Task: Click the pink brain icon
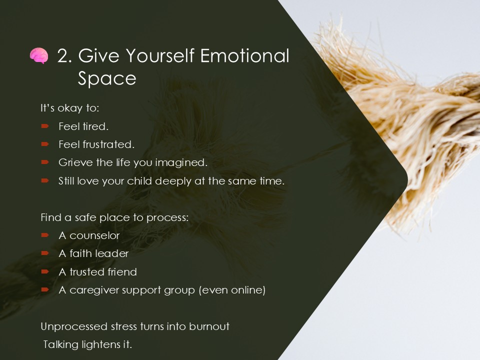[x=39, y=55]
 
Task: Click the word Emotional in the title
[x=244, y=55]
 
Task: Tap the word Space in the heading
[x=107, y=78]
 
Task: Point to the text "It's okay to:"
[x=70, y=108]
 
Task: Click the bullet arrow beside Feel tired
[x=45, y=126]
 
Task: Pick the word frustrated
[x=108, y=144]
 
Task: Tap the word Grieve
[x=75, y=162]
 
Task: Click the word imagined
[x=181, y=162]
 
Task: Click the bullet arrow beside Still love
[x=45, y=180]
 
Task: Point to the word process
[x=167, y=217]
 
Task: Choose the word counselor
[x=94, y=235]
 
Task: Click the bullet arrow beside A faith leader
[x=45, y=253]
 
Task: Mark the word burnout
[x=209, y=326]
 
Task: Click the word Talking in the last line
[x=61, y=344]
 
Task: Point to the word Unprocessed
[x=74, y=326]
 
